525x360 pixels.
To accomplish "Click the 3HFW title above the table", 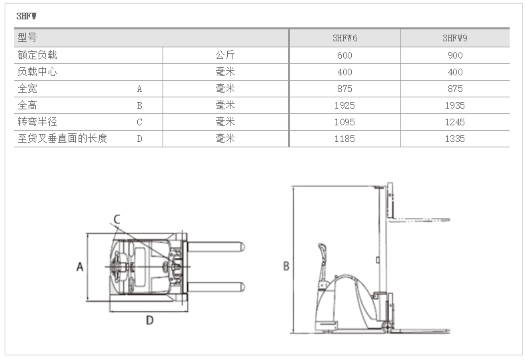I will (27, 15).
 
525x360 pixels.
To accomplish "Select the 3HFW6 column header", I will (344, 38).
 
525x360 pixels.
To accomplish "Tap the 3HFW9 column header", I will (455, 38).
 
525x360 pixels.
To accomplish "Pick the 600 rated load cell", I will (344, 55).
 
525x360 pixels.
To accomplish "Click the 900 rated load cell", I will (455, 55).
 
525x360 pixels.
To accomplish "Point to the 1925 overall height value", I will (344, 105).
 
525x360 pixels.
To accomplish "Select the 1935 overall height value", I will (455, 105).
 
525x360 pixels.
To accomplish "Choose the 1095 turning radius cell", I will (344, 122).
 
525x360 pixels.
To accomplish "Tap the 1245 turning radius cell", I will (455, 122).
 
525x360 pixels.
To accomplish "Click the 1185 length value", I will (344, 139).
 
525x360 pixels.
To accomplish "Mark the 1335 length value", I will (455, 139).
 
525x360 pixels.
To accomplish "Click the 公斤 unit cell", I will (225, 55).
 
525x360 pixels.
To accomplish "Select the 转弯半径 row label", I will (37, 122).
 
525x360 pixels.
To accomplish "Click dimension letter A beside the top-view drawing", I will (79, 267).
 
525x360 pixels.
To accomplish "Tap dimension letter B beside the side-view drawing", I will (286, 266).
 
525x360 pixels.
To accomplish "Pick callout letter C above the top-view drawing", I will (116, 219).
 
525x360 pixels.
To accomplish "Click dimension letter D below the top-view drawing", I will (150, 321).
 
